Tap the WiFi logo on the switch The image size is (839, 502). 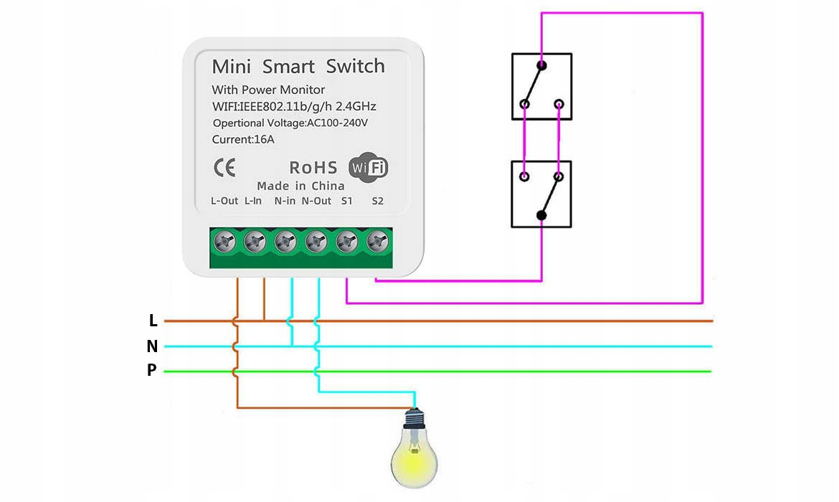pos(368,167)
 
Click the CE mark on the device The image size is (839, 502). pos(224,167)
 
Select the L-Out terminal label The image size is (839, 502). pos(224,201)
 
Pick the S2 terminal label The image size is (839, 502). pos(378,201)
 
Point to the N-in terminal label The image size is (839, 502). pos(285,201)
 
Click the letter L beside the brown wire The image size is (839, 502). pos(153,321)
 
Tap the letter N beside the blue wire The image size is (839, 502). pos(152,346)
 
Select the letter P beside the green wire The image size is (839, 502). pos(152,371)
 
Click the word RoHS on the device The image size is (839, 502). pos(313,168)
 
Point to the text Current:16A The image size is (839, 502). pos(243,139)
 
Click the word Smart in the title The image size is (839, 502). pos(288,67)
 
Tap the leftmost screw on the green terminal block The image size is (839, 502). pos(225,244)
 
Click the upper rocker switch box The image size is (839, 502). pos(541,86)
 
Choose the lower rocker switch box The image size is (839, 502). pos(541,194)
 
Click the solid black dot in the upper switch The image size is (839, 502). pos(541,66)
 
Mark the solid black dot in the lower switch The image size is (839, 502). pos(541,215)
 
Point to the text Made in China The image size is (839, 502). pos(300,186)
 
